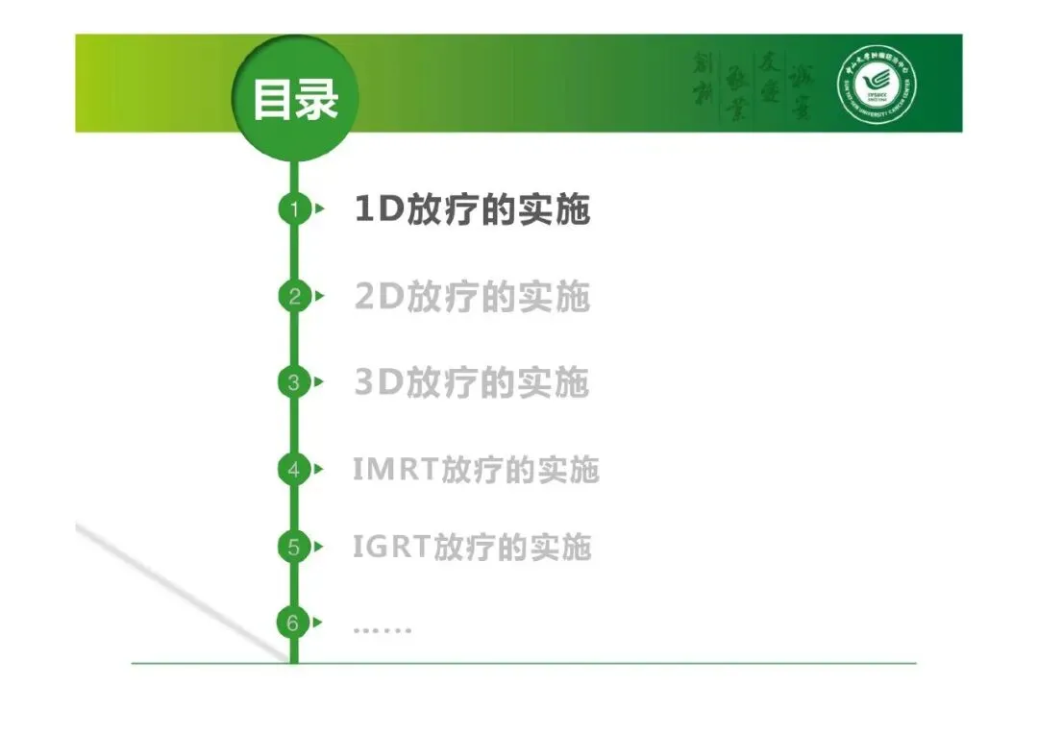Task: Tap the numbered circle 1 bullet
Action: click(x=294, y=208)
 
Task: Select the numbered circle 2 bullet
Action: click(x=294, y=296)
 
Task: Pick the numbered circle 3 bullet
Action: click(x=294, y=382)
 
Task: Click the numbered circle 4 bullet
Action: click(x=294, y=470)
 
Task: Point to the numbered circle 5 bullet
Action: click(x=294, y=548)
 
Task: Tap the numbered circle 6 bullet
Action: click(x=294, y=623)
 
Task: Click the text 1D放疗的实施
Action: click(x=471, y=209)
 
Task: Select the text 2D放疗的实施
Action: click(x=471, y=297)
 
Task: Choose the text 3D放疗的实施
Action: click(x=471, y=383)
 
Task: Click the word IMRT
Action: click(x=395, y=470)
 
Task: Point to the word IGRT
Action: click(x=391, y=548)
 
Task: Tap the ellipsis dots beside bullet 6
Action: click(x=382, y=630)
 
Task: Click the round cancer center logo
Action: click(x=877, y=84)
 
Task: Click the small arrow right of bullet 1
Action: click(x=319, y=208)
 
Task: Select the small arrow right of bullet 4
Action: click(x=319, y=470)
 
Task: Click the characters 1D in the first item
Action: click(x=378, y=209)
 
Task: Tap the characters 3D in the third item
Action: click(x=378, y=383)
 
